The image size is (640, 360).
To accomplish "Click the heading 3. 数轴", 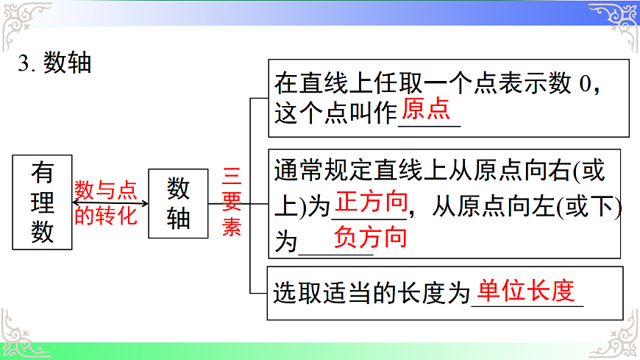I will tap(54, 63).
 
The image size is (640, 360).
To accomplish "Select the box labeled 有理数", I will tap(43, 202).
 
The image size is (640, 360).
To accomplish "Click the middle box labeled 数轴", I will tap(178, 203).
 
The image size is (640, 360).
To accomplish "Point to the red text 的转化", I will tap(106, 216).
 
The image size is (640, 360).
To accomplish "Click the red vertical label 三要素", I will tap(232, 202).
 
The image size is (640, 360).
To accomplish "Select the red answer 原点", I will tap(427, 110).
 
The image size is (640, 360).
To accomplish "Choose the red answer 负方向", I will tap(370, 237).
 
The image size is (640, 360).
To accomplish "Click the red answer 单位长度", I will tap(525, 291).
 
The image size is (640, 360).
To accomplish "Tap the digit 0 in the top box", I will tap(585, 84).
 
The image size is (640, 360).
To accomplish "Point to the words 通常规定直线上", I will tap(348, 171).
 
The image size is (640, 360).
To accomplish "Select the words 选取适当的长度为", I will tap(371, 294).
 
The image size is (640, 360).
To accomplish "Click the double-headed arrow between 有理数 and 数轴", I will tap(110, 204).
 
